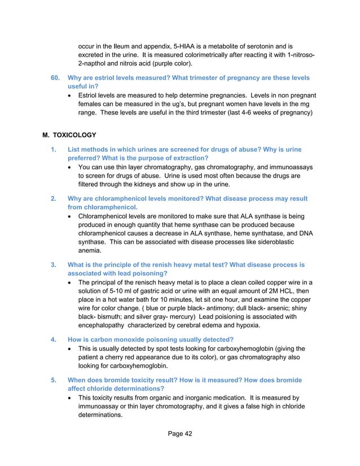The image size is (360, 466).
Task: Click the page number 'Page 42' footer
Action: (x=179, y=434)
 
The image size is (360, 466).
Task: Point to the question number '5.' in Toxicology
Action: (x=54, y=379)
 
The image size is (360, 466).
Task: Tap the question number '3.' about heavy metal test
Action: (x=54, y=264)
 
